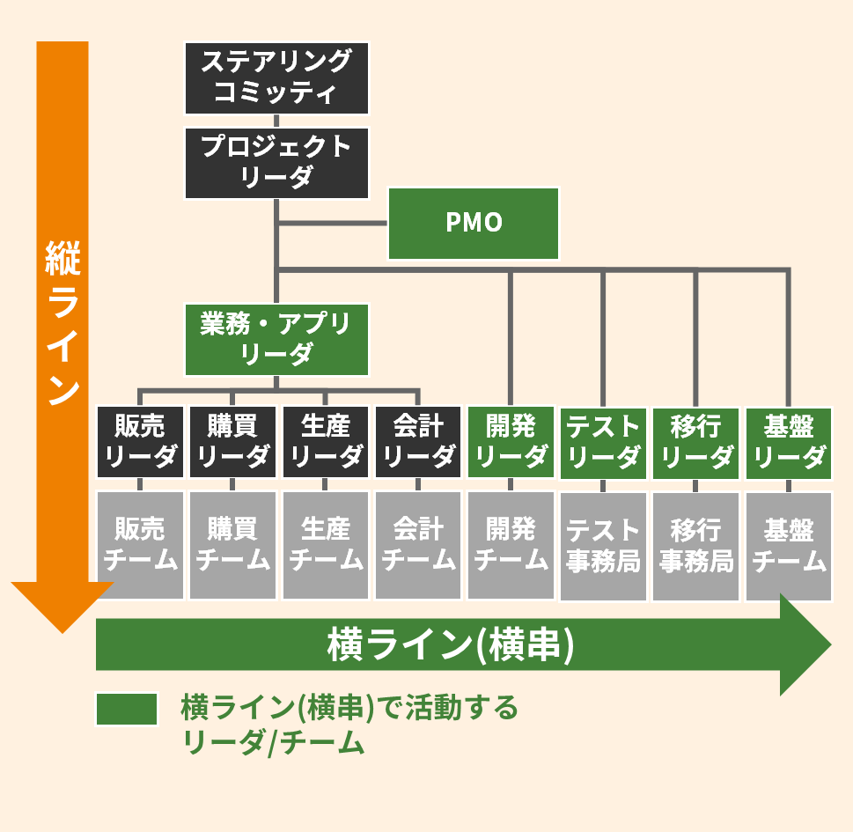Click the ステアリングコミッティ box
pyautogui.click(x=276, y=77)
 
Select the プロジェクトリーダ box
pyautogui.click(x=276, y=162)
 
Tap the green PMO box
pyautogui.click(x=474, y=223)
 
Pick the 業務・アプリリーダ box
pyautogui.click(x=276, y=339)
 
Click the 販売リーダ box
pyautogui.click(x=140, y=441)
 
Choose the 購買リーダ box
pyautogui.click(x=233, y=441)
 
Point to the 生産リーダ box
pyautogui.click(x=326, y=441)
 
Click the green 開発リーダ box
pyautogui.click(x=511, y=441)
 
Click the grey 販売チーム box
pyautogui.click(x=140, y=545)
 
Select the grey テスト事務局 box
pyautogui.click(x=604, y=546)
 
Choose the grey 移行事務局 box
pyautogui.click(x=696, y=546)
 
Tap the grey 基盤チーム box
pyautogui.click(x=789, y=546)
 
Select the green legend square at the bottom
pyautogui.click(x=127, y=710)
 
